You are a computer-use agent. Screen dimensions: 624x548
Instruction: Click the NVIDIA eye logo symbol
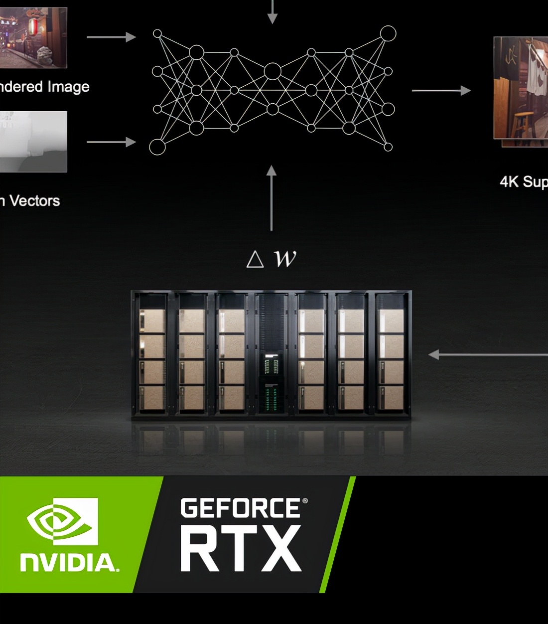[x=62, y=521]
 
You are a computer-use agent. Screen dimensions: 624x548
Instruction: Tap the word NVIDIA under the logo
[x=69, y=563]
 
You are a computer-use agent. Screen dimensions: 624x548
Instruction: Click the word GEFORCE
[x=241, y=509]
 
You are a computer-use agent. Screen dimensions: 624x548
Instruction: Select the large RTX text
[x=241, y=549]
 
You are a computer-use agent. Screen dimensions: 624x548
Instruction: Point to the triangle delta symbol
[x=255, y=259]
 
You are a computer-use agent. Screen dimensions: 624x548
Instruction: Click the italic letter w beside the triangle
[x=285, y=258]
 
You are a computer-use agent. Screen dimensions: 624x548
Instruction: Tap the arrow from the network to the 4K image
[x=441, y=90]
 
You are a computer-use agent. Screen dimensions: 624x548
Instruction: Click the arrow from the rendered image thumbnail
[x=111, y=37]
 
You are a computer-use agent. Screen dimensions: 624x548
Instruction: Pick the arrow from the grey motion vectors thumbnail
[x=111, y=142]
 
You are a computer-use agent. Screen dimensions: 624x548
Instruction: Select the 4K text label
[x=509, y=182]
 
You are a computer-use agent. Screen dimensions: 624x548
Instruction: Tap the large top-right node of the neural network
[x=388, y=33]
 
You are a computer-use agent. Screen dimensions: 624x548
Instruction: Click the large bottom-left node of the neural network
[x=157, y=147]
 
